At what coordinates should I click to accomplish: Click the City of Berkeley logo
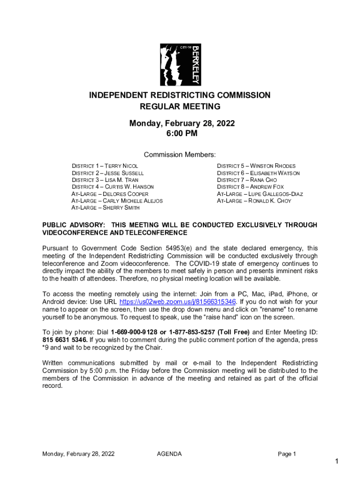click(180, 65)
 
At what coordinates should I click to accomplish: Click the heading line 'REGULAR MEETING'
click(180, 107)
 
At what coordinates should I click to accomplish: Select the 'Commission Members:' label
click(180, 155)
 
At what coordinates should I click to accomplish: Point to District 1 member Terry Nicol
click(105, 166)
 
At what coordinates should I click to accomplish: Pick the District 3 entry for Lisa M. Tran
click(105, 180)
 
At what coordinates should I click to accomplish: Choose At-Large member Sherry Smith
click(105, 208)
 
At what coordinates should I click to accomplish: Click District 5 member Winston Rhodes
click(256, 166)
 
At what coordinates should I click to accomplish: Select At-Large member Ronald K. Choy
click(254, 201)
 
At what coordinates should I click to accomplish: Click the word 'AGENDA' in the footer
click(169, 454)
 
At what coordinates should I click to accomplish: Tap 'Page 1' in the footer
click(287, 454)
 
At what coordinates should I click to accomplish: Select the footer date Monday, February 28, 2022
click(78, 454)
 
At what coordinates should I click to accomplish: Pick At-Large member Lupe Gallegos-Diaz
click(260, 194)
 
